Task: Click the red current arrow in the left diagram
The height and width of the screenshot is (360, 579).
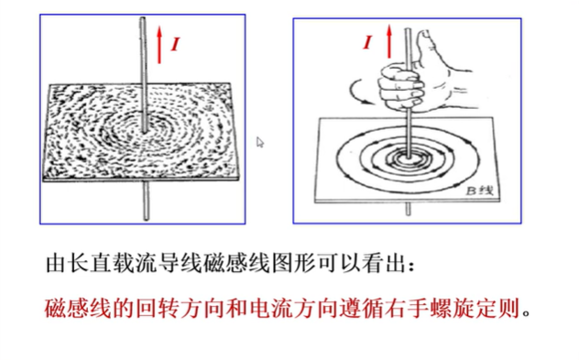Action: [159, 45]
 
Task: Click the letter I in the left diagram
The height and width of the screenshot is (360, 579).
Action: [175, 44]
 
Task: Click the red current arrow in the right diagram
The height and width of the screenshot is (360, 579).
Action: [388, 41]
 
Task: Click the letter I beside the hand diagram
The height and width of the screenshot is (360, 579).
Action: [367, 42]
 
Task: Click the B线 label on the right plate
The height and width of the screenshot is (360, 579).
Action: [480, 191]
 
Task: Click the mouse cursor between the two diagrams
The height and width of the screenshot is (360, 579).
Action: [260, 142]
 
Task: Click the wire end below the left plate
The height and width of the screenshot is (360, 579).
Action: [147, 218]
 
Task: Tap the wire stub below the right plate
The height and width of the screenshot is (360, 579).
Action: [408, 209]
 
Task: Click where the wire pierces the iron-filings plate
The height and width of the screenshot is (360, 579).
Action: [144, 130]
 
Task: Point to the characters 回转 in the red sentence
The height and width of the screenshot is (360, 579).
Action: [158, 309]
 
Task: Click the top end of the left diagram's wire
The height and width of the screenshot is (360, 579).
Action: [143, 17]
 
